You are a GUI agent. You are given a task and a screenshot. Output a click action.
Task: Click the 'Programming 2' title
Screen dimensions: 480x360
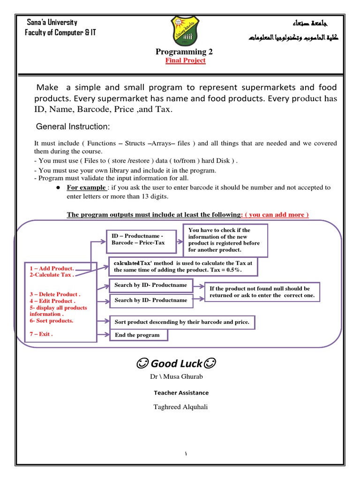(180, 52)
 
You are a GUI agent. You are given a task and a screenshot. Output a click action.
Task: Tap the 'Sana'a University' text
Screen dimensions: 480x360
(52, 22)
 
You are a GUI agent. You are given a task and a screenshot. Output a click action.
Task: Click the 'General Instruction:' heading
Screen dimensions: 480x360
(73, 127)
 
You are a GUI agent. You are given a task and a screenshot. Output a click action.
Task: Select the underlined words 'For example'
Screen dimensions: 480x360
(86, 187)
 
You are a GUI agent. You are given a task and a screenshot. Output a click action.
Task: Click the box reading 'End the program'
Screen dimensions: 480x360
(138, 335)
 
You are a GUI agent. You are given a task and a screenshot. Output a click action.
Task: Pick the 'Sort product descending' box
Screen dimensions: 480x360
(183, 322)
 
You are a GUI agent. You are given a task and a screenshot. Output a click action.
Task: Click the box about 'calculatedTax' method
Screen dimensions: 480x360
(183, 266)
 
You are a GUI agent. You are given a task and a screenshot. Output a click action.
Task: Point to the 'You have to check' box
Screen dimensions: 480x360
(227, 240)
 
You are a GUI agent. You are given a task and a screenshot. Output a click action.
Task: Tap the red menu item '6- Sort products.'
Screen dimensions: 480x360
(51, 321)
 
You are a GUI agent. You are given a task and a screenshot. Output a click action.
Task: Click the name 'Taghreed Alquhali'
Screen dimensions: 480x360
(180, 407)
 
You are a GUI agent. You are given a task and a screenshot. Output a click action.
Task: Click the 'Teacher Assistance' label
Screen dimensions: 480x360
(181, 393)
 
